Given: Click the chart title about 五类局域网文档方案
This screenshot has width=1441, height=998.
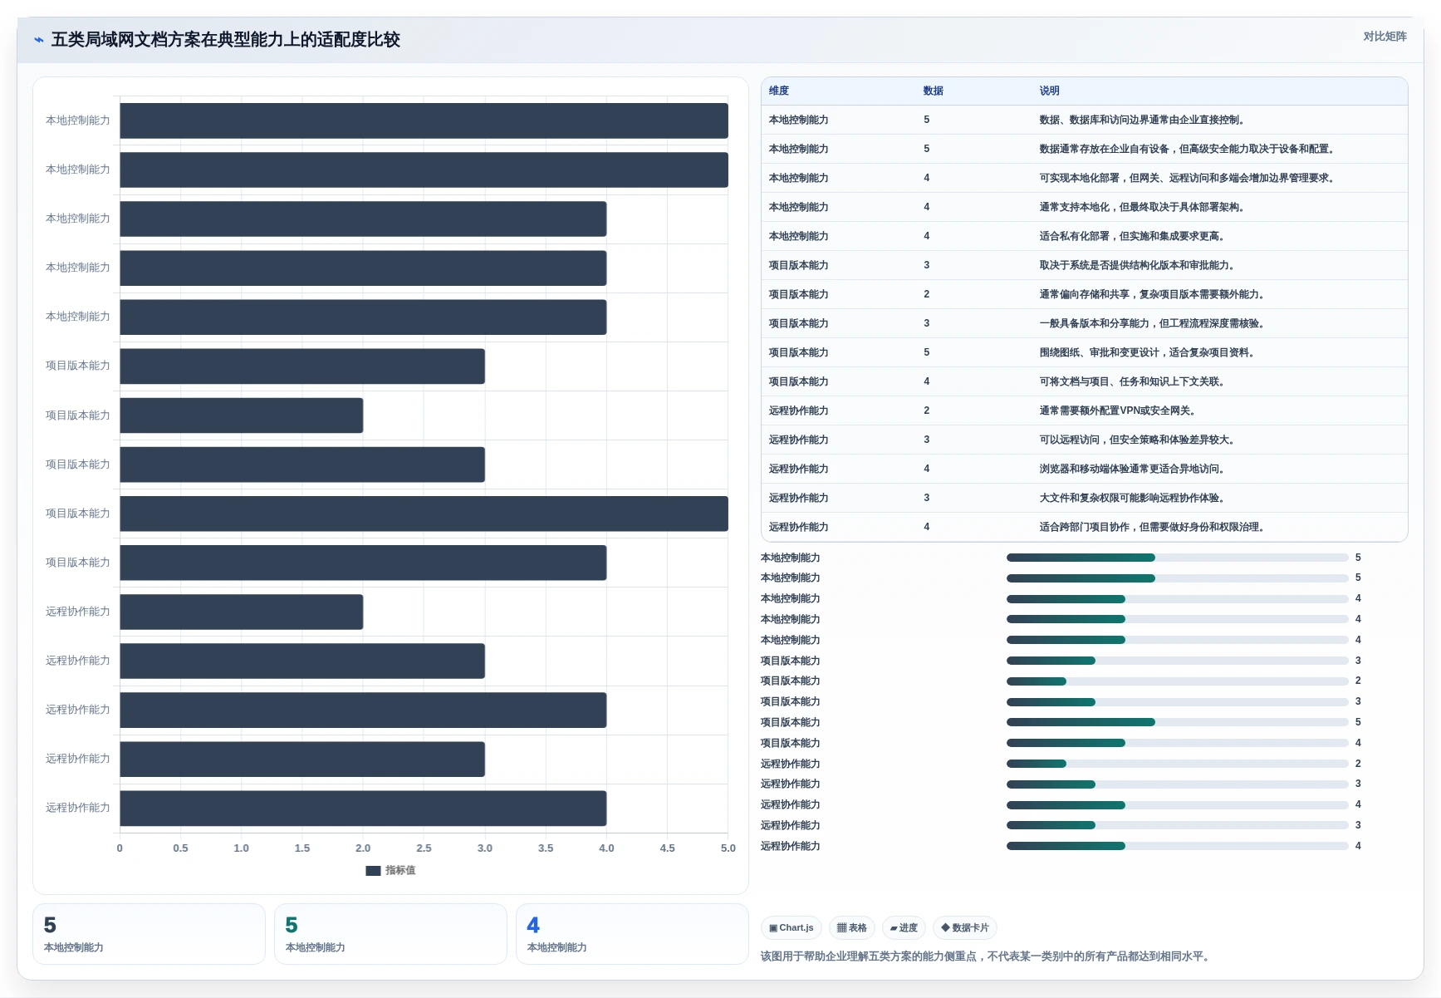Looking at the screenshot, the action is pyautogui.click(x=225, y=40).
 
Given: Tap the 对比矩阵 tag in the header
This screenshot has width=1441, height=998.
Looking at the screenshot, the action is pyautogui.click(x=1385, y=37).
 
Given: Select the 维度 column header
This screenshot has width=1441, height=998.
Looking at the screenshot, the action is pyautogui.click(x=779, y=91).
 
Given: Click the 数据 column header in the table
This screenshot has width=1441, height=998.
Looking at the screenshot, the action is pyautogui.click(x=933, y=91).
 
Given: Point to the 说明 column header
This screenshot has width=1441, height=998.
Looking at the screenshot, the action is pyautogui.click(x=1049, y=91).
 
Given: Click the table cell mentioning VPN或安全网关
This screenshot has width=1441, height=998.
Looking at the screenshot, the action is pyautogui.click(x=1117, y=411).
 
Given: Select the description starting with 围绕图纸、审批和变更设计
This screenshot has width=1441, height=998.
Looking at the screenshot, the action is pyautogui.click(x=1147, y=352).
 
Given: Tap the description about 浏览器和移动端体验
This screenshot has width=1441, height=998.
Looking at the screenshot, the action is pyautogui.click(x=1132, y=469).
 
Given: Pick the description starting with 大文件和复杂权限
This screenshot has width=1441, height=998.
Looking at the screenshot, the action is pyautogui.click(x=1132, y=498).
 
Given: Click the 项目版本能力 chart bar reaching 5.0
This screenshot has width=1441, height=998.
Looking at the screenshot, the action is pyautogui.click(x=424, y=514).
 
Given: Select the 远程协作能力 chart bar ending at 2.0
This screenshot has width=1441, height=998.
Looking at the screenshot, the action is pyautogui.click(x=241, y=612).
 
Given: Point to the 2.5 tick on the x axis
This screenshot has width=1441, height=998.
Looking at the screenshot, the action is pyautogui.click(x=424, y=848).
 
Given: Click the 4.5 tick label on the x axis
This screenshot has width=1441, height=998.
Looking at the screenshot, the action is pyautogui.click(x=667, y=848).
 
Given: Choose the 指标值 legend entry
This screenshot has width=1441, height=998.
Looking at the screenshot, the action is pyautogui.click(x=390, y=870).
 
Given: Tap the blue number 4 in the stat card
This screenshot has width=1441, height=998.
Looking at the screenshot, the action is pyautogui.click(x=533, y=925).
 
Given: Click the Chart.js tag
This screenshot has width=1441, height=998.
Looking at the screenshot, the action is pyautogui.click(x=792, y=927).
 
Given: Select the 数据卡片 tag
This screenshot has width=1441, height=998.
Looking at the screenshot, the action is pyautogui.click(x=965, y=927).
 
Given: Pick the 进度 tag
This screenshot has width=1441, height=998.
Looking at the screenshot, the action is pyautogui.click(x=904, y=927).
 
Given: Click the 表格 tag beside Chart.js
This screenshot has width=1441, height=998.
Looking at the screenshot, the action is pyautogui.click(x=852, y=927).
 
